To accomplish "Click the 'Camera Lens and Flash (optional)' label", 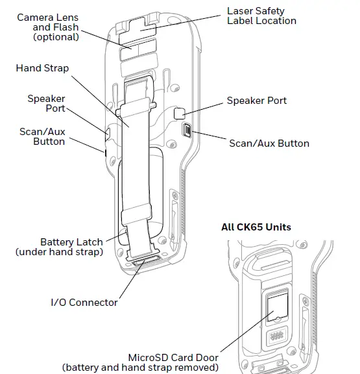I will click(48, 27).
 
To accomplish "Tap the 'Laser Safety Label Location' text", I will click(261, 16).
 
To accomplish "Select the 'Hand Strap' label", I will click(43, 68).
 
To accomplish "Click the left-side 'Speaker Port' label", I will click(46, 104).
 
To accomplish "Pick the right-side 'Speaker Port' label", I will click(256, 101).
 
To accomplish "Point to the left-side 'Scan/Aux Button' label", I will click(42, 136).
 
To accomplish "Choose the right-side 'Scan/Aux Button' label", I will click(269, 143).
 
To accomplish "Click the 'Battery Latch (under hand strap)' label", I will click(59, 247).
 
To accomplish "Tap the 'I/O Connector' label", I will click(84, 302).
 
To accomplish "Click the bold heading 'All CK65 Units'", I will click(256, 227).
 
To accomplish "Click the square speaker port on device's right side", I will click(181, 113).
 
